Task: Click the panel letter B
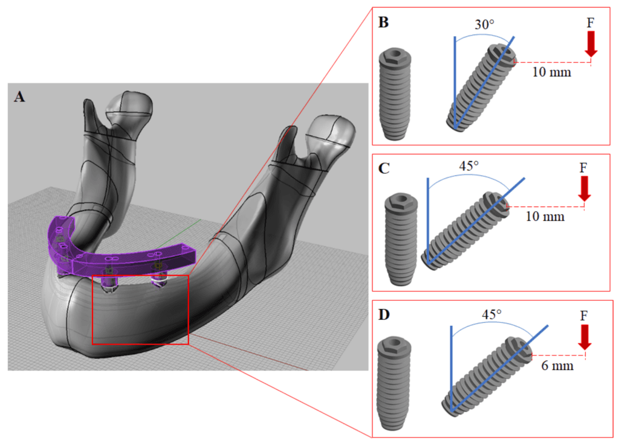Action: tap(383, 22)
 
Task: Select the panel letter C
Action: tap(384, 168)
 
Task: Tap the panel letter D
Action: tap(384, 314)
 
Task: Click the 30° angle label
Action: tap(484, 25)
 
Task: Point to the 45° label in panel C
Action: tap(468, 166)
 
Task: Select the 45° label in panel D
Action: tap(491, 314)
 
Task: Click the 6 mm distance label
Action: tap(557, 366)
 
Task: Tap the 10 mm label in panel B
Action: tap(551, 72)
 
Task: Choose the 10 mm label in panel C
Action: tap(545, 217)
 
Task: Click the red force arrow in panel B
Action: tap(591, 44)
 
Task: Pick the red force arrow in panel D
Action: tap(585, 337)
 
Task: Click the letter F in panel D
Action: tap(584, 316)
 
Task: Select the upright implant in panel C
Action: tap(401, 239)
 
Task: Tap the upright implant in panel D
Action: tap(394, 383)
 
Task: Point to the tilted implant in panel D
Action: tap(487, 377)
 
